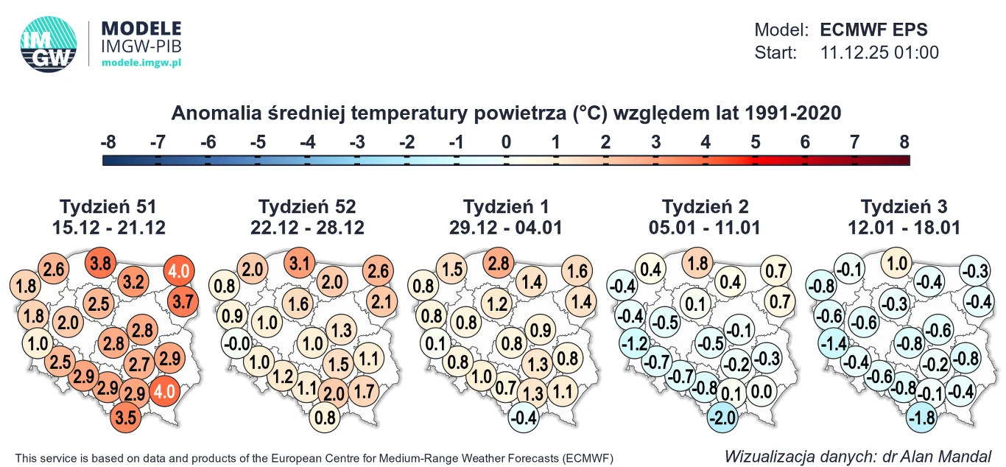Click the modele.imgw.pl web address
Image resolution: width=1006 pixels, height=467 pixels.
point(141,63)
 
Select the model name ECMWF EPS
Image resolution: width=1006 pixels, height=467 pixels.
point(873,30)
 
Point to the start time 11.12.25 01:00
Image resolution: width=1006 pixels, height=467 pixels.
point(879,53)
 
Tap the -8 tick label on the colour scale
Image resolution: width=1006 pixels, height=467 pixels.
point(108,142)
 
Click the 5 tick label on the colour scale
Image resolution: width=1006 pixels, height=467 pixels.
point(756,142)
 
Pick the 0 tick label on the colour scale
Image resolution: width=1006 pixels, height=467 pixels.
point(506,142)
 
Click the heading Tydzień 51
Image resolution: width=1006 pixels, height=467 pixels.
point(108,206)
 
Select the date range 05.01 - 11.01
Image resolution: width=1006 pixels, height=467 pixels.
point(705,228)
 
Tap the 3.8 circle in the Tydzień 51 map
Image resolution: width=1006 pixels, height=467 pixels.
point(101,262)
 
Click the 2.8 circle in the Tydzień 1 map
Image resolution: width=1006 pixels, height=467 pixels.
point(498,262)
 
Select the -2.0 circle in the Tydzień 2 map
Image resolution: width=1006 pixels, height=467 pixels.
point(720,418)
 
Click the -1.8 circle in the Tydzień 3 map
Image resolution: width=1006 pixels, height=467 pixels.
point(920,418)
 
